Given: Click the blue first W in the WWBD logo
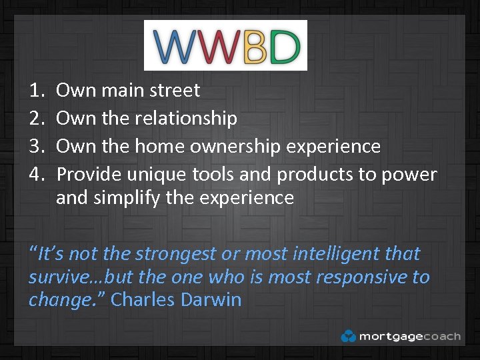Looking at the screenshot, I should coord(175,45).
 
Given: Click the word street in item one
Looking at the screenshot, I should coord(175,90).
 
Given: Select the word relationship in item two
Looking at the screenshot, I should coord(186,118).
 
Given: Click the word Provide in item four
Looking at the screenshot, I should coord(89,175).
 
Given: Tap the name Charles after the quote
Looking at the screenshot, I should coord(141,300).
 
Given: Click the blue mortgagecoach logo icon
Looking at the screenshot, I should coord(348,336).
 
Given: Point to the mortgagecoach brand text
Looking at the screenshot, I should coord(409,337).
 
